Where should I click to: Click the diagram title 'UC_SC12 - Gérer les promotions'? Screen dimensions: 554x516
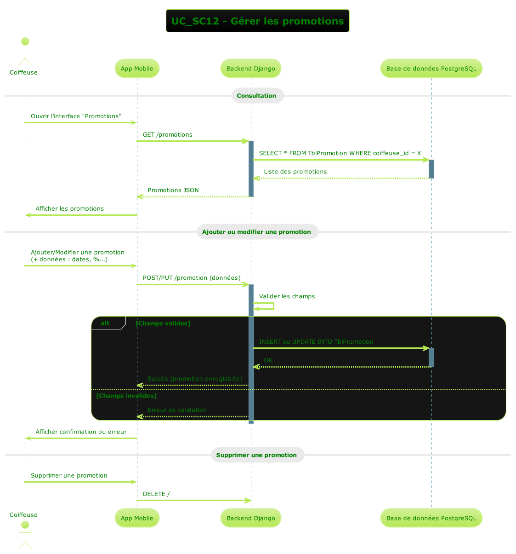[x=257, y=21]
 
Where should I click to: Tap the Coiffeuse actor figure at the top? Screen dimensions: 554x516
[x=25, y=52]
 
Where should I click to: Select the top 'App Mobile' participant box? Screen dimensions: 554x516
[x=137, y=69]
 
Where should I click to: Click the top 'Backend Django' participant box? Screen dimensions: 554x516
[x=251, y=69]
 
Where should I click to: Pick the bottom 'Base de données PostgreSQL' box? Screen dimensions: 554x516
[x=431, y=518]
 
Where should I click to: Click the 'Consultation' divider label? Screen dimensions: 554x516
[x=256, y=96]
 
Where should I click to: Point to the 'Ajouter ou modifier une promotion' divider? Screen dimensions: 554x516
[x=256, y=232]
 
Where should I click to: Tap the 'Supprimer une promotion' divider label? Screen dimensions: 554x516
[x=256, y=455]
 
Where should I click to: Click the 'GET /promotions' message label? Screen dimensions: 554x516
[x=167, y=135]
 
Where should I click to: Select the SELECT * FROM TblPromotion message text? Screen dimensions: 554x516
[x=340, y=153]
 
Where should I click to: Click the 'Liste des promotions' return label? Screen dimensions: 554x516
[x=295, y=172]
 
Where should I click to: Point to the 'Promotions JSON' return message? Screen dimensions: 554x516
[x=173, y=190]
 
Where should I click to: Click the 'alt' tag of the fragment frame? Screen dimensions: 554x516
[x=105, y=323]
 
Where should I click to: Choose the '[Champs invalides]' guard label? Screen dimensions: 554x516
[x=126, y=396]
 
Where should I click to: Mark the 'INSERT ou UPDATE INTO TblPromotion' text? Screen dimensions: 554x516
[x=316, y=342]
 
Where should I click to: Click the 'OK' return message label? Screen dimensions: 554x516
[x=268, y=360]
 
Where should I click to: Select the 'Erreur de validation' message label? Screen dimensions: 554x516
[x=177, y=410]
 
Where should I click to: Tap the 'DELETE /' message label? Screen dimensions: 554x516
[x=156, y=494]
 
